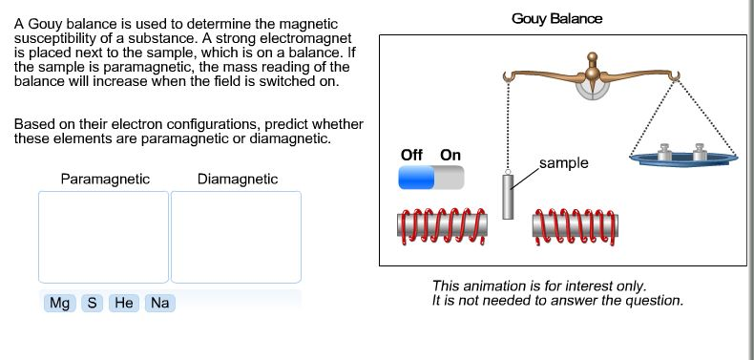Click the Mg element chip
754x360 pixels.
coord(60,303)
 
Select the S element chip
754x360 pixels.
coord(92,303)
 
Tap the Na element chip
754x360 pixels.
coord(158,303)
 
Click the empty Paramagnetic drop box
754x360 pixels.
coord(103,236)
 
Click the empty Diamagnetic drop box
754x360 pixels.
coord(236,236)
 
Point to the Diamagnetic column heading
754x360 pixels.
coord(238,179)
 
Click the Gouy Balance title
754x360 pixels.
coord(556,19)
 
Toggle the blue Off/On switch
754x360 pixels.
coord(430,178)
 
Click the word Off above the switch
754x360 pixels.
coord(412,155)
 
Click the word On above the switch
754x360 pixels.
coord(450,155)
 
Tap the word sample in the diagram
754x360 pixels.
coord(564,163)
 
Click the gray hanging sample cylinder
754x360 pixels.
coord(509,196)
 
